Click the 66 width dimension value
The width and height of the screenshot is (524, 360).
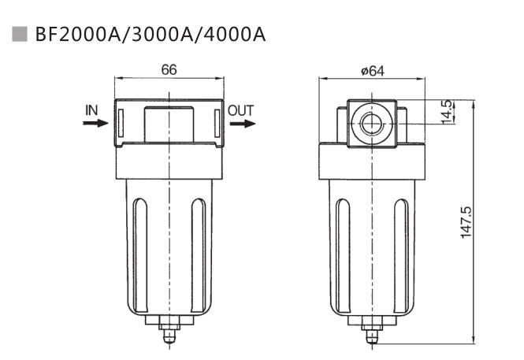tap(169, 69)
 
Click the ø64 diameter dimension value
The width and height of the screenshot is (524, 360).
tap(372, 70)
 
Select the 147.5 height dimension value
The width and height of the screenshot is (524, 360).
tap(466, 222)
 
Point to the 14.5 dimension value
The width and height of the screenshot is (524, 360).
tap(445, 111)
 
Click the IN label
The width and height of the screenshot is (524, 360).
tap(92, 110)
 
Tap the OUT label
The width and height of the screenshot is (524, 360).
tap(241, 110)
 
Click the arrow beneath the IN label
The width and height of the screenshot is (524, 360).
tap(95, 124)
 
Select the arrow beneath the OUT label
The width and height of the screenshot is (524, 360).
tap(243, 124)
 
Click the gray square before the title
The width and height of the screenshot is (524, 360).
tap(20, 35)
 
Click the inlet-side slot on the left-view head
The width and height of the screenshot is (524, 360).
tap(121, 123)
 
